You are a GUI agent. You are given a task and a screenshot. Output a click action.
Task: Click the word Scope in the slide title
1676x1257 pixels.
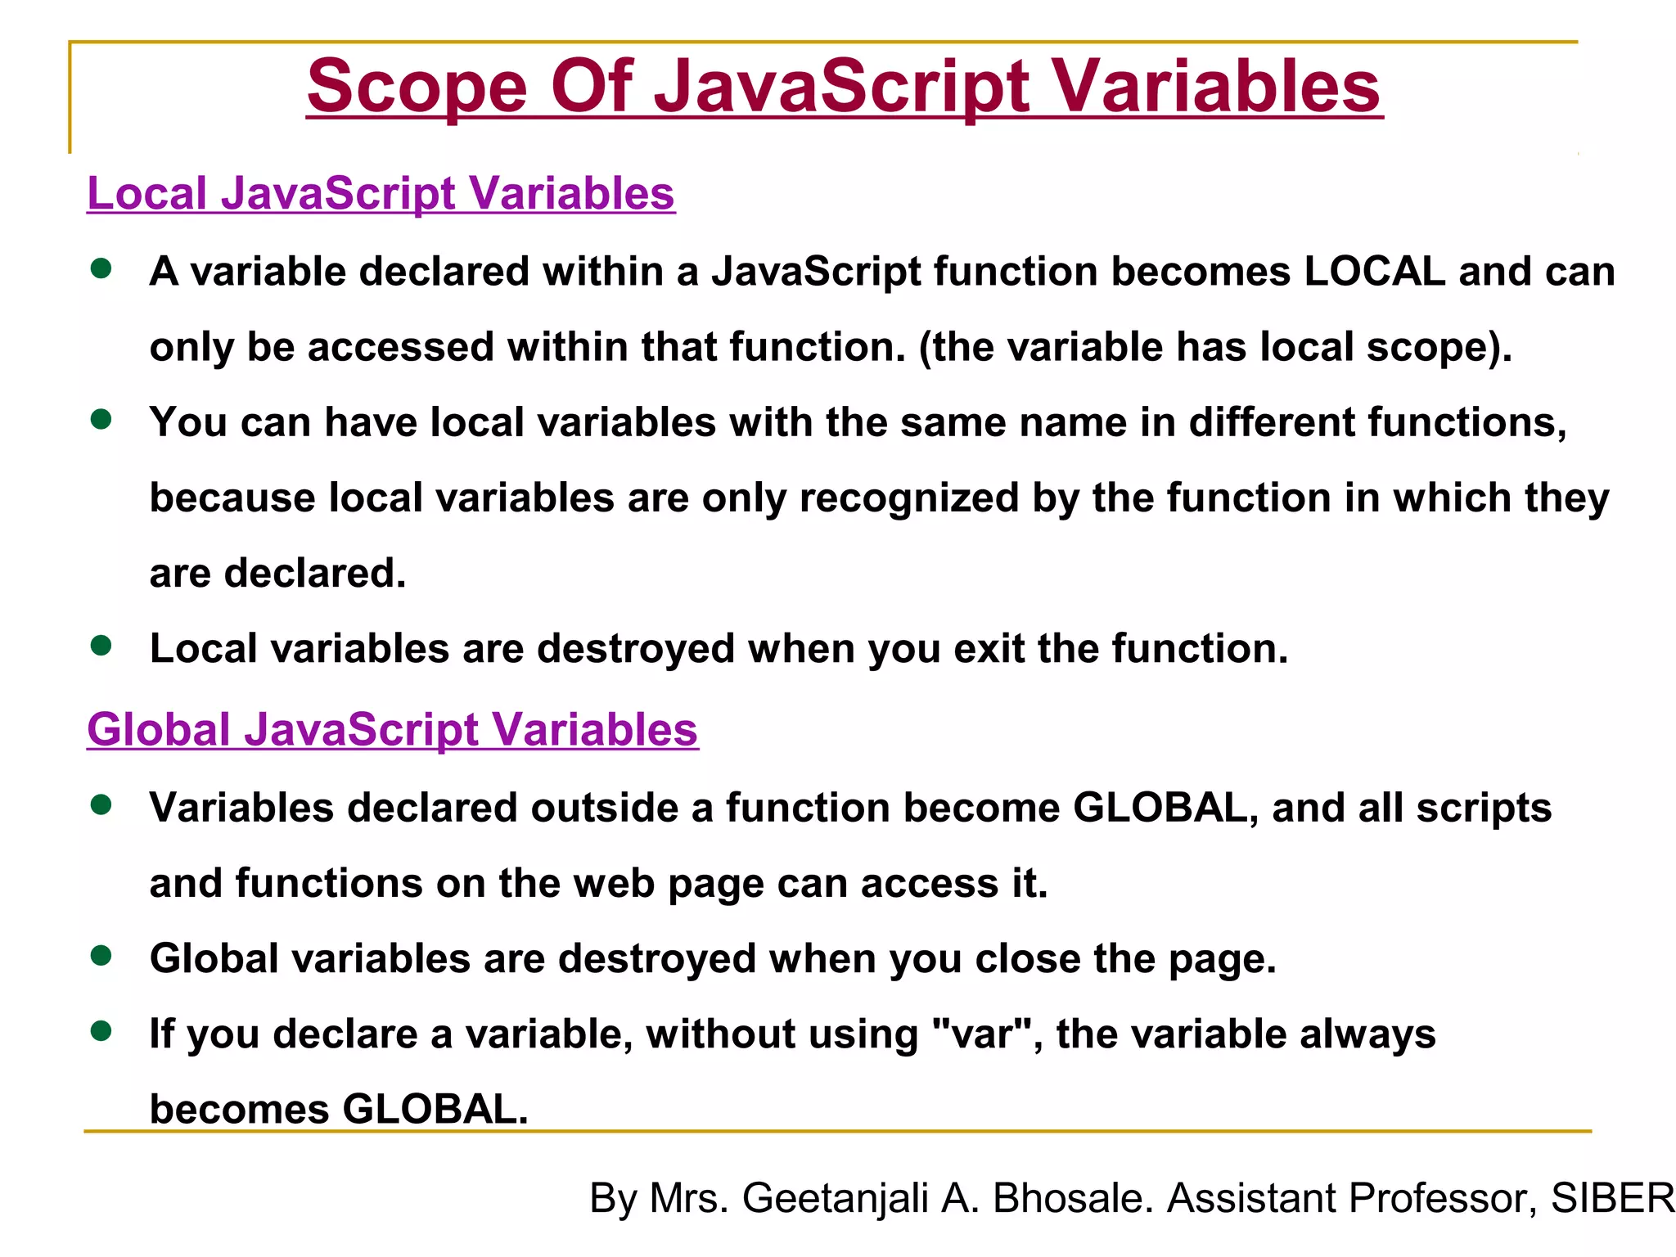click(417, 88)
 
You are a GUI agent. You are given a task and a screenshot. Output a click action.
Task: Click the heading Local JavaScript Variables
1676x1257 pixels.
click(381, 194)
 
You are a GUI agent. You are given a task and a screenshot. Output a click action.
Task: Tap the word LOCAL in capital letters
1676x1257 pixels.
click(1374, 272)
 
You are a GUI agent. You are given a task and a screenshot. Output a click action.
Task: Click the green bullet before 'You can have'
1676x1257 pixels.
click(101, 420)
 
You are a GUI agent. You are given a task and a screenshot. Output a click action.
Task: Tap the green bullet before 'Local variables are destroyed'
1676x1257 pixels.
click(101, 646)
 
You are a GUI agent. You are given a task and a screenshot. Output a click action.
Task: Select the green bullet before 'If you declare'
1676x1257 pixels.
click(101, 1031)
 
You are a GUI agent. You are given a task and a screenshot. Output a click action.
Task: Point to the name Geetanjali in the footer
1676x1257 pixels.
click(835, 1199)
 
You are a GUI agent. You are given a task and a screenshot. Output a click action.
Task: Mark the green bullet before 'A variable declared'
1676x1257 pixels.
click(101, 269)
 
